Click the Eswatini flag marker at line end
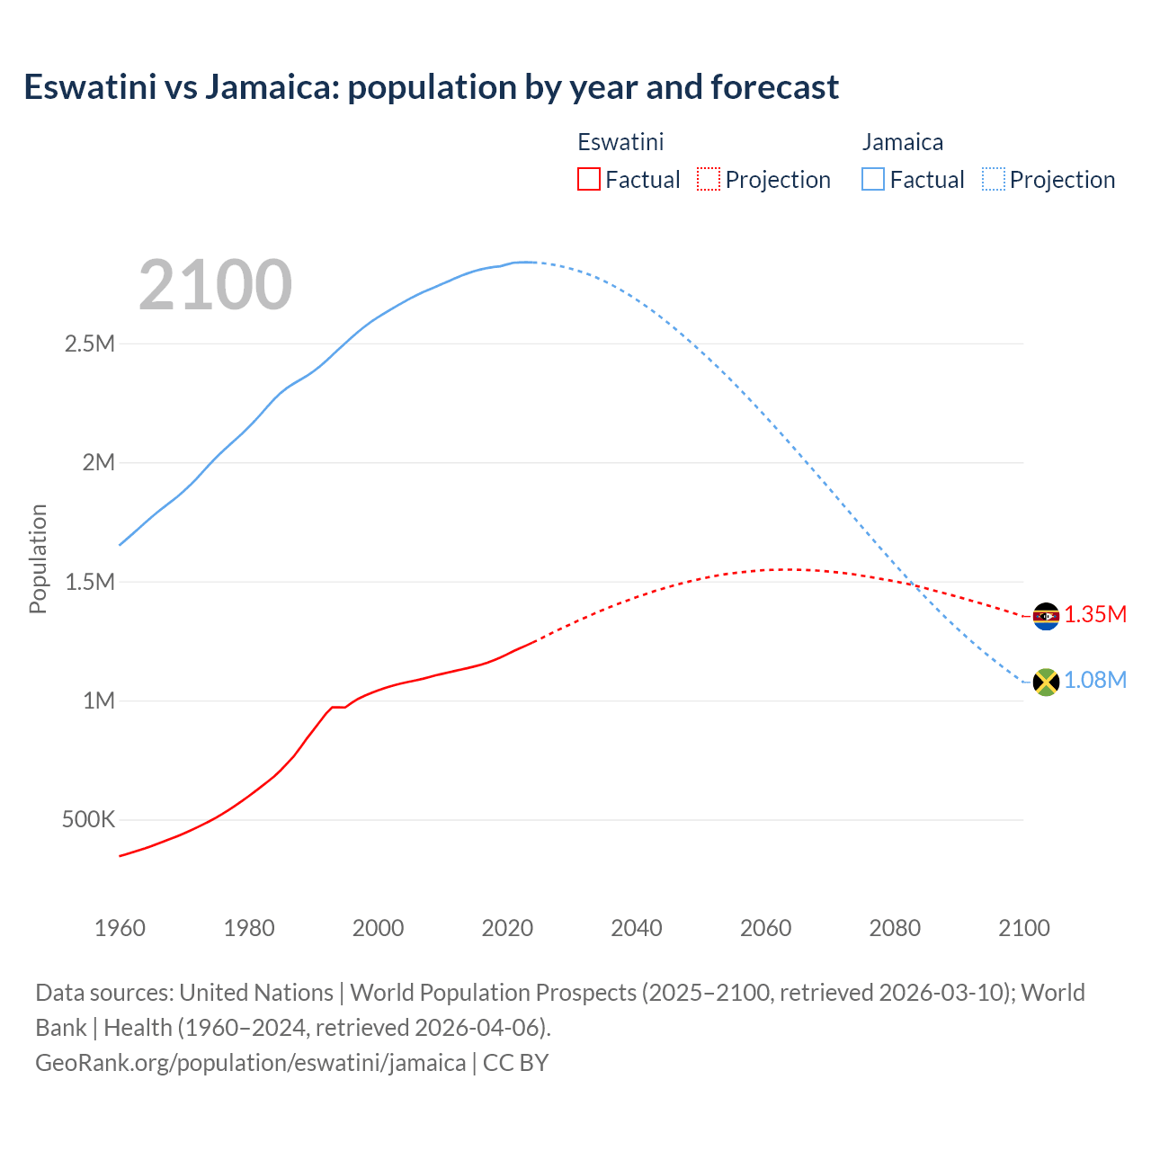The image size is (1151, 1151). pyautogui.click(x=1045, y=616)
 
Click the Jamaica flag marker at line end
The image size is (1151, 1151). pyautogui.click(x=1045, y=682)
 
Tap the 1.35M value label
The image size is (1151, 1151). pyautogui.click(x=1095, y=615)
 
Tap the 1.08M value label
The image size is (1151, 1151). pyautogui.click(x=1095, y=681)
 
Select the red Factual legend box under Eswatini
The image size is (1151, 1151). pyautogui.click(x=588, y=180)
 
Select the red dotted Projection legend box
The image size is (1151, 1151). pyautogui.click(x=709, y=180)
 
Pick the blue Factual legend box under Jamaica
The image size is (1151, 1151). pyautogui.click(x=872, y=180)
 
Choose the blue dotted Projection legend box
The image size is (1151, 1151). pyautogui.click(x=994, y=180)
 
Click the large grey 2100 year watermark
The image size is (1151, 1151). pyautogui.click(x=215, y=285)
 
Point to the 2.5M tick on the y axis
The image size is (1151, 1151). pyautogui.click(x=90, y=344)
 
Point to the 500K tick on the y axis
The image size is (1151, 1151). pyautogui.click(x=88, y=820)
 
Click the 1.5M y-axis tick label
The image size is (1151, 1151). pyautogui.click(x=90, y=582)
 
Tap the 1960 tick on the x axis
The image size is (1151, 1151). pyautogui.click(x=120, y=928)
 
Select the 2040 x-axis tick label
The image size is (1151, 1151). pyautogui.click(x=637, y=928)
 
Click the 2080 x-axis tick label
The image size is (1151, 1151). pyautogui.click(x=895, y=928)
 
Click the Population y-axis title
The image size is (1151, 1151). pyautogui.click(x=38, y=558)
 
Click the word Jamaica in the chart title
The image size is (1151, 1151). pyautogui.click(x=271, y=87)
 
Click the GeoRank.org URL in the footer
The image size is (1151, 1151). pyautogui.click(x=250, y=1063)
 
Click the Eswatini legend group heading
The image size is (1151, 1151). pyautogui.click(x=620, y=142)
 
